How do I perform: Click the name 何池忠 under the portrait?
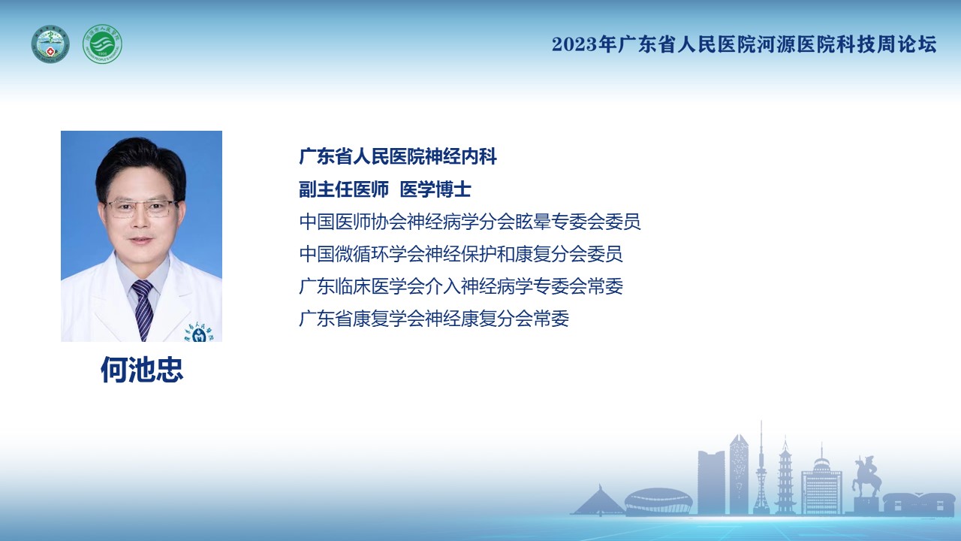[142, 369]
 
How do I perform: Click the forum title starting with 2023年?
[744, 44]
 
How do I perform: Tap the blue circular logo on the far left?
[50, 44]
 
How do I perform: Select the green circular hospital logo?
[102, 44]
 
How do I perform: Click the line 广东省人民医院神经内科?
[398, 156]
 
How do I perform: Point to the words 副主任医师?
[344, 189]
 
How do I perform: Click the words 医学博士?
[435, 189]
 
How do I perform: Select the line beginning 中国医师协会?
[470, 222]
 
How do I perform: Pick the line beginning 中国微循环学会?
[461, 254]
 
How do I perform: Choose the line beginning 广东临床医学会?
[461, 286]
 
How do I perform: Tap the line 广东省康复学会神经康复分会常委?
[434, 319]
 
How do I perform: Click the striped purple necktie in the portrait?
[143, 309]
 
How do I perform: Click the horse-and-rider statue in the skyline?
[866, 476]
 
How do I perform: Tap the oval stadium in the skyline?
[658, 500]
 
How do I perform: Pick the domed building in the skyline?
[821, 480]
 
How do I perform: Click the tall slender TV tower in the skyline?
[761, 467]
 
